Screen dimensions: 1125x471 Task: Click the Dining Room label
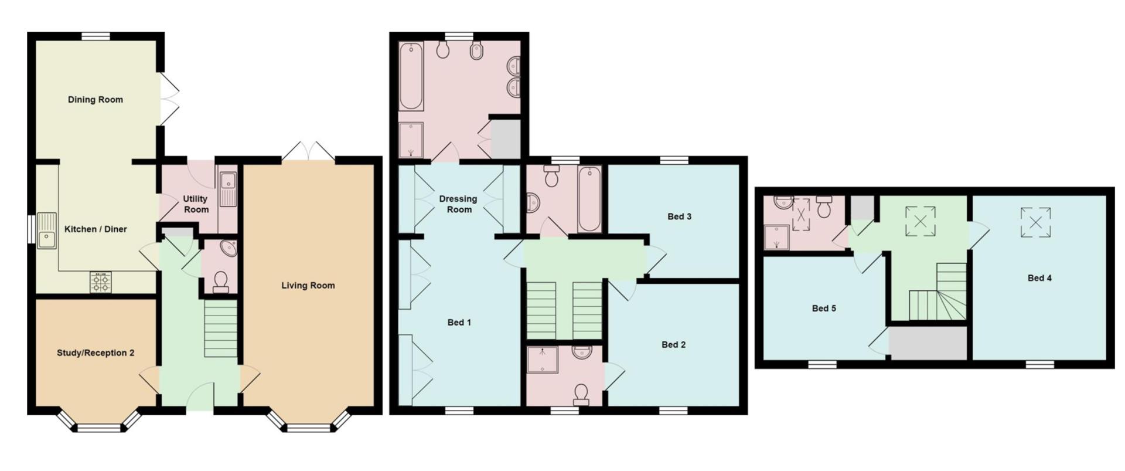tap(96, 100)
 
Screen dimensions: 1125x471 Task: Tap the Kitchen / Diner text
tap(96, 229)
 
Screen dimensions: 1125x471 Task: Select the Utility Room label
tap(196, 204)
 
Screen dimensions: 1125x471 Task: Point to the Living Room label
tap(308, 286)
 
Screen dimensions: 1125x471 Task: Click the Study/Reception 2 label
tap(96, 353)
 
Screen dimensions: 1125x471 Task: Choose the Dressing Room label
tap(459, 204)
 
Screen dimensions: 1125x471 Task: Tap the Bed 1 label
tap(459, 323)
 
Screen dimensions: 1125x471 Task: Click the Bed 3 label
tap(680, 216)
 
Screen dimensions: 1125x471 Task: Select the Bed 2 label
tap(674, 345)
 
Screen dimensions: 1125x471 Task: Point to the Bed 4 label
tap(1039, 278)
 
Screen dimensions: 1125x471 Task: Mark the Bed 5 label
tap(824, 309)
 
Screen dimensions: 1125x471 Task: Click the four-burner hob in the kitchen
tap(101, 283)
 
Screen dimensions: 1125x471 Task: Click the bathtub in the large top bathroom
tap(411, 76)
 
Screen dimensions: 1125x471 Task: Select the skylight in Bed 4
tap(1036, 222)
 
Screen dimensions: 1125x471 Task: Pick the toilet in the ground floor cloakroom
tap(221, 282)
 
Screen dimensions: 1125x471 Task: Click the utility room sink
tap(227, 189)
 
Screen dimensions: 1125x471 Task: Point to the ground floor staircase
tap(220, 329)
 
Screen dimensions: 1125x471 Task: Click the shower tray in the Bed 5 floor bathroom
tap(775, 238)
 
